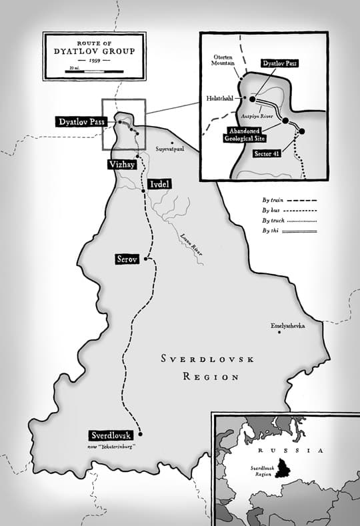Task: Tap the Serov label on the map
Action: point(127,259)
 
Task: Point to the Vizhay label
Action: point(121,163)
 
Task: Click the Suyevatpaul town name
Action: point(171,150)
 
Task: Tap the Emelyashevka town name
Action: point(287,326)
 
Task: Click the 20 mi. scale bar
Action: point(95,69)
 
